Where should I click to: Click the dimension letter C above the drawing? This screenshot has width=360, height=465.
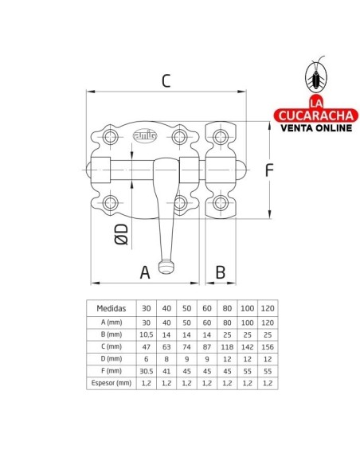pyautogui.click(x=166, y=80)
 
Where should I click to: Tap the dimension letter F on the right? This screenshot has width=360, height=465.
pyautogui.click(x=270, y=169)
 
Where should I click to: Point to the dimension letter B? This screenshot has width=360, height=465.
pyautogui.click(x=221, y=271)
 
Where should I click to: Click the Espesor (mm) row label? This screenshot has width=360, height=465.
pyautogui.click(x=112, y=384)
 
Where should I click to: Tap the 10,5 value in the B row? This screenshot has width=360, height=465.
pyautogui.click(x=146, y=333)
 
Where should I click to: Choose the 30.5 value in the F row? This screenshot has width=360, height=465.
pyautogui.click(x=146, y=371)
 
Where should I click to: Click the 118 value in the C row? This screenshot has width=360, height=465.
pyautogui.click(x=226, y=346)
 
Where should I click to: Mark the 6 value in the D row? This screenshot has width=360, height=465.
pyautogui.click(x=146, y=358)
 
